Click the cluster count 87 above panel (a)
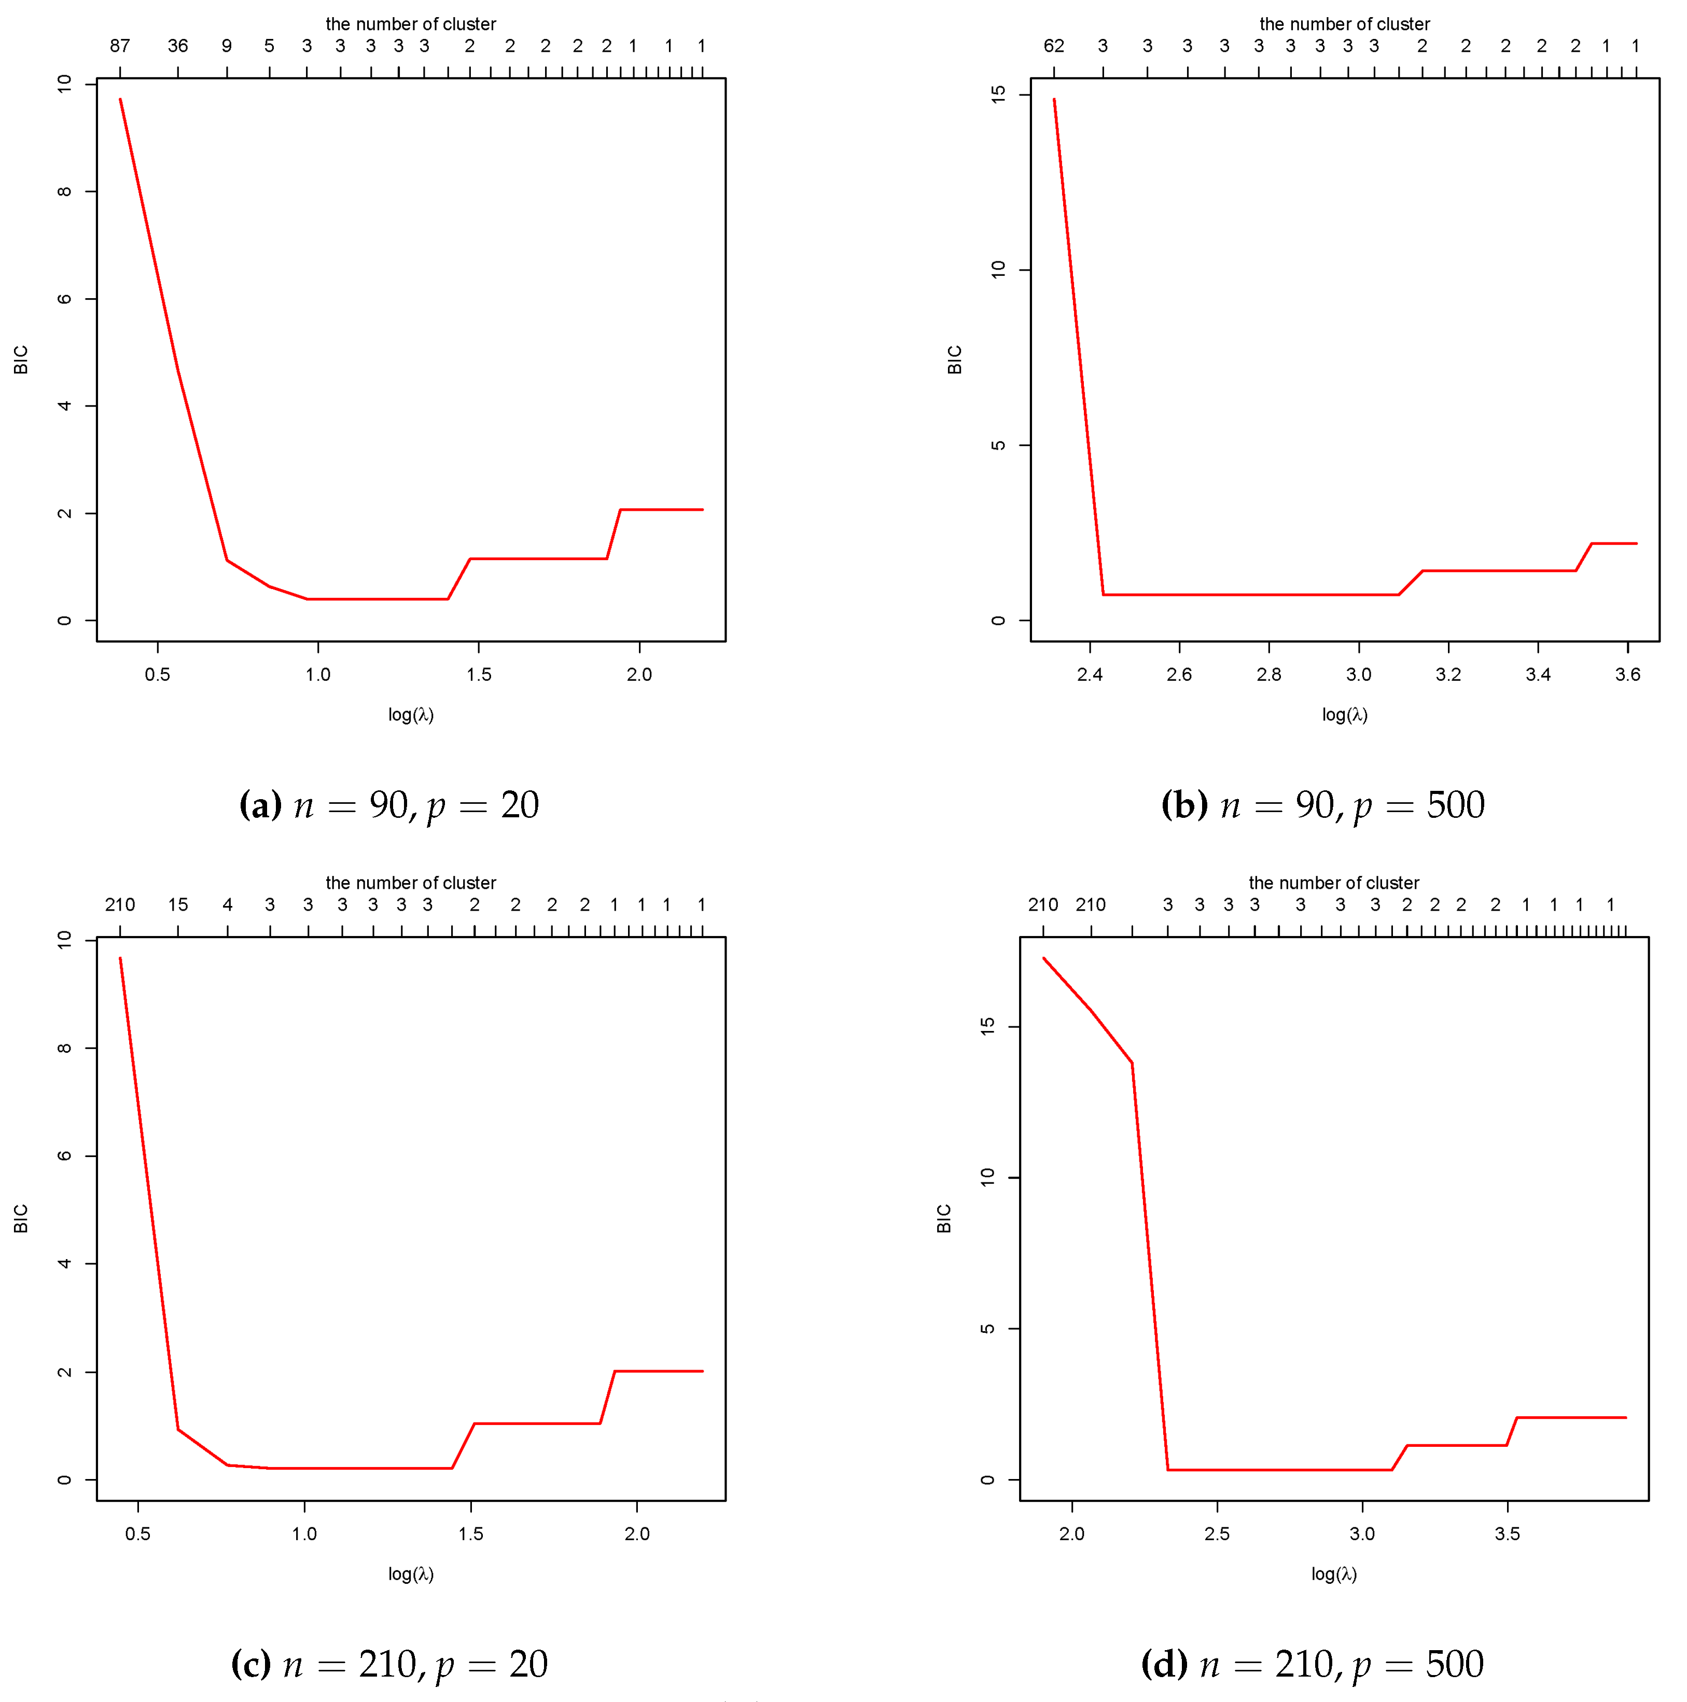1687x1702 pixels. pyautogui.click(x=120, y=46)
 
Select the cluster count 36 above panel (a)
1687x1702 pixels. pyautogui.click(x=178, y=46)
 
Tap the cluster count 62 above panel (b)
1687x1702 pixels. pyautogui.click(x=1054, y=46)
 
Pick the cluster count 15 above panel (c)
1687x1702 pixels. pyautogui.click(x=178, y=905)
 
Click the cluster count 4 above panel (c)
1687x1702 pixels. pyautogui.click(x=227, y=905)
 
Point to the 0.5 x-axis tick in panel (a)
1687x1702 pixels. pyautogui.click(x=158, y=675)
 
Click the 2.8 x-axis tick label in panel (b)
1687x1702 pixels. pyautogui.click(x=1268, y=675)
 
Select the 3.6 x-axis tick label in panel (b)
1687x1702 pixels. pyautogui.click(x=1627, y=675)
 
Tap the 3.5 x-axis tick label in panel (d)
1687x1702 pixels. pyautogui.click(x=1507, y=1534)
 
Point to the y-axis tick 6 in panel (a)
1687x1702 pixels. pyautogui.click(x=64, y=299)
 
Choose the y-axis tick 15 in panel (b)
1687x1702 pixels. pyautogui.click(x=998, y=94)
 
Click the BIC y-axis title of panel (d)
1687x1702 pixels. pyautogui.click(x=943, y=1218)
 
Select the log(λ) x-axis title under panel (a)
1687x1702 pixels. pyautogui.click(x=411, y=715)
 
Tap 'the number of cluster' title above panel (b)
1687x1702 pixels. pyautogui.click(x=1344, y=24)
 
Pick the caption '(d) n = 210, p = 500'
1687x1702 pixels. pyautogui.click(x=1312, y=1663)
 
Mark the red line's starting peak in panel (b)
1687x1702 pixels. pyautogui.click(x=1054, y=100)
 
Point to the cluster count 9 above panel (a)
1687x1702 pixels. pyautogui.click(x=227, y=46)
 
